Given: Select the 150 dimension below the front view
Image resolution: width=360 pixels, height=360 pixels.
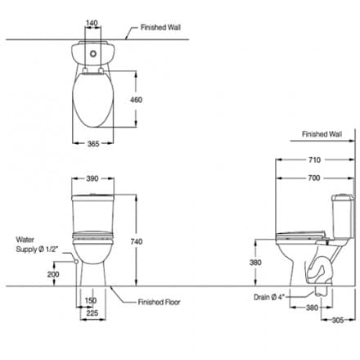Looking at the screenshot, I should [92, 300].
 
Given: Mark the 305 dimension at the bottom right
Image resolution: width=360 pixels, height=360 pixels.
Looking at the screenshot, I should [340, 321].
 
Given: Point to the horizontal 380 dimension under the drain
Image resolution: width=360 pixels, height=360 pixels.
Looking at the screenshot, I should [313, 309].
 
